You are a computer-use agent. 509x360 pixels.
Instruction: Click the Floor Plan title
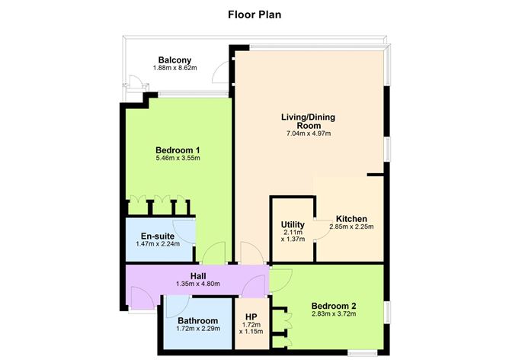(254, 14)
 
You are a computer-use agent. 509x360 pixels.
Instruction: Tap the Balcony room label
(174, 60)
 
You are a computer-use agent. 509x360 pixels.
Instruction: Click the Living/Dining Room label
(309, 121)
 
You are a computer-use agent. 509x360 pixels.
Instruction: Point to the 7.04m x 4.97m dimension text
(309, 134)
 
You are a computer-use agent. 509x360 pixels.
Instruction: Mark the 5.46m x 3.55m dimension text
(178, 159)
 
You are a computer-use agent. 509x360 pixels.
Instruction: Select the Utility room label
(293, 224)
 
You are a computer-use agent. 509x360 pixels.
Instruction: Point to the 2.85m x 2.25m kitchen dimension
(351, 227)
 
